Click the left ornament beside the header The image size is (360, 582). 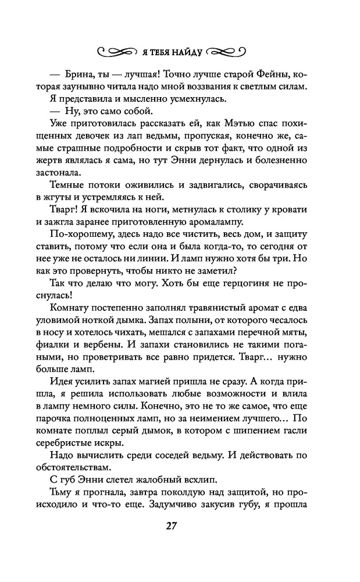tap(117, 51)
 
